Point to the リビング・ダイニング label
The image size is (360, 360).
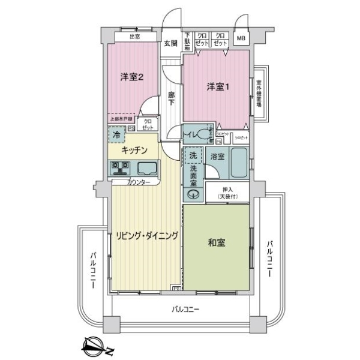pos(147,236)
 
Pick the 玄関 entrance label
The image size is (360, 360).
pos(170,43)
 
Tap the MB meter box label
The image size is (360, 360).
pos(241,40)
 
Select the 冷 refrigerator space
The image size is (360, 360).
pos(116,136)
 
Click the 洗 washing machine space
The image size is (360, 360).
pos(193,155)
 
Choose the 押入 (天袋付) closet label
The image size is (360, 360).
pos(227,192)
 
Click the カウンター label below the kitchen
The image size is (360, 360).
pos(139,182)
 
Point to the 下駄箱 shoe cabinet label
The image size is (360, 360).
pos(187,40)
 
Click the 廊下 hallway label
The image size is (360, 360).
pos(171,98)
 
